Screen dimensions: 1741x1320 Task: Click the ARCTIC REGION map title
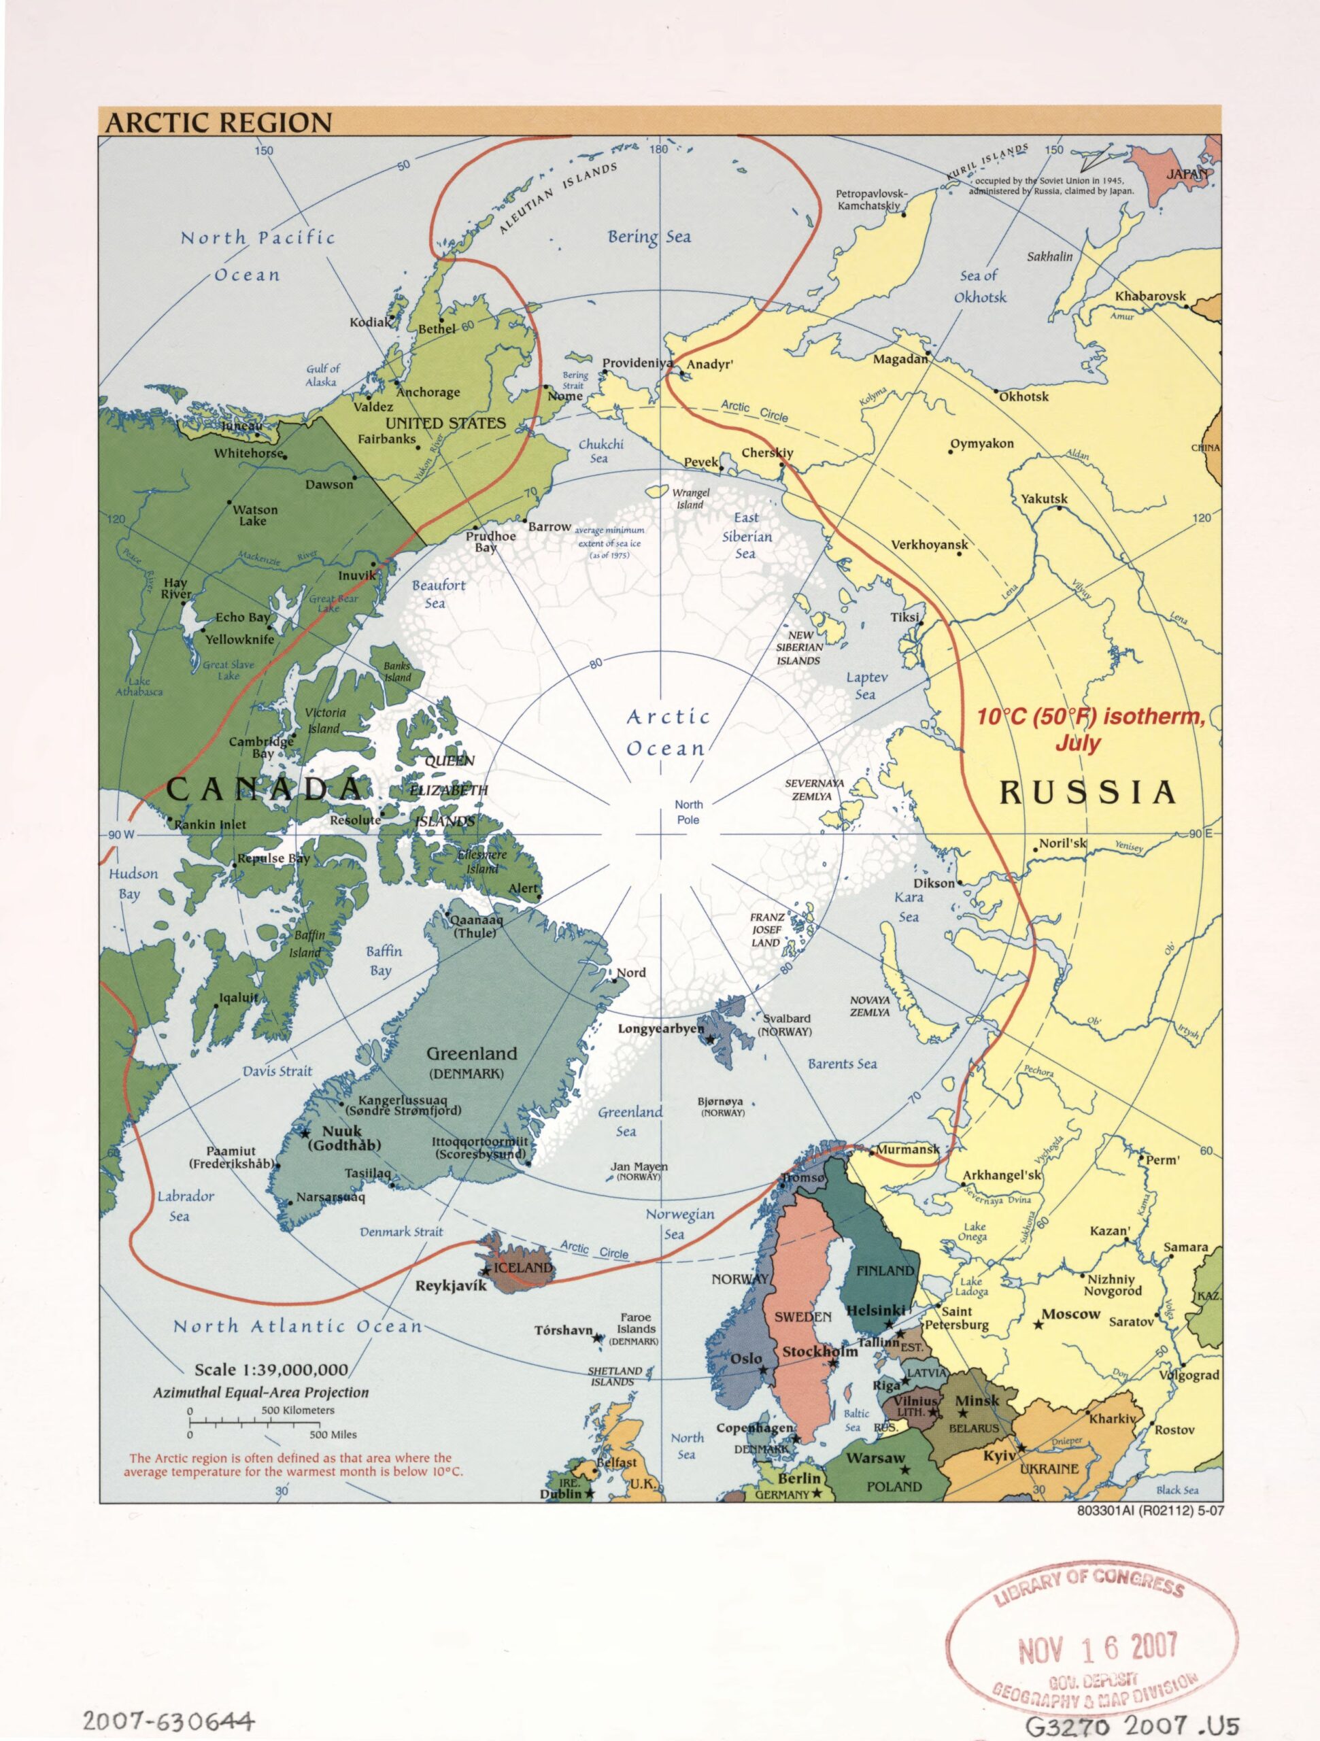point(218,123)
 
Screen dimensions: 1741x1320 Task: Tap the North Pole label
point(688,811)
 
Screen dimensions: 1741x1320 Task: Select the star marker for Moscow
point(1038,1325)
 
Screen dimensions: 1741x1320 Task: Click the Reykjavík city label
point(451,1286)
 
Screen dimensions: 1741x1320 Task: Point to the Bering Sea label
point(649,236)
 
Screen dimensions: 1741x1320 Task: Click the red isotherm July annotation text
point(1089,729)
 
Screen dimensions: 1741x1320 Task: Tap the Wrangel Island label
point(690,498)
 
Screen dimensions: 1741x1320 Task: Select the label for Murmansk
point(908,1149)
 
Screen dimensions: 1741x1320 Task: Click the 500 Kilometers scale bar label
point(298,1410)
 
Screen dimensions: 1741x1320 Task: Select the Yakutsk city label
point(1044,499)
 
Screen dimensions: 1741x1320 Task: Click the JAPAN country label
point(1186,174)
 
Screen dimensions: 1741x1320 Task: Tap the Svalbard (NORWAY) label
point(785,1025)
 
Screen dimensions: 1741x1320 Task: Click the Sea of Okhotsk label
point(979,286)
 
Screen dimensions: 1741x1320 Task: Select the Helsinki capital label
point(875,1311)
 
